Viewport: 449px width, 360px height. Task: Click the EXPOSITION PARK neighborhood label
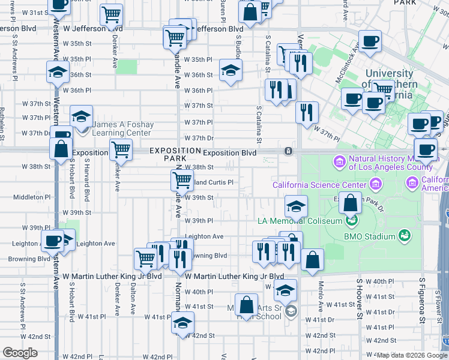pos(175,154)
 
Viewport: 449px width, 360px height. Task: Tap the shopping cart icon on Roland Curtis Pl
pos(182,179)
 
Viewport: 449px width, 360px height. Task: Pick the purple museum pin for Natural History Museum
pos(339,162)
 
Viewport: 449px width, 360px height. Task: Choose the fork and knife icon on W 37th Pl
pos(307,112)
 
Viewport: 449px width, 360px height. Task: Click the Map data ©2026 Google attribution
pos(411,355)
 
